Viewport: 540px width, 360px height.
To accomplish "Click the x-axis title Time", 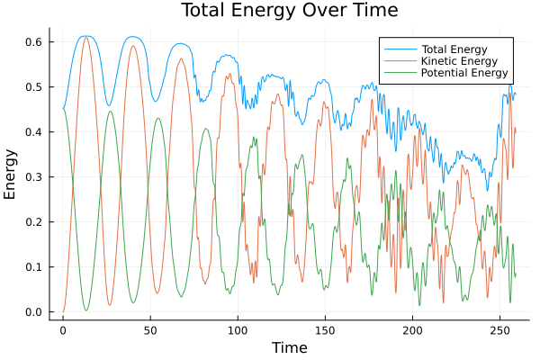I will pyautogui.click(x=290, y=347).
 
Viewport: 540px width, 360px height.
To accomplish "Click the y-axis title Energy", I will pyautogui.click(x=11, y=175).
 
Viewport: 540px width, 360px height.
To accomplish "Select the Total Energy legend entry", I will pyautogui.click(x=454, y=49).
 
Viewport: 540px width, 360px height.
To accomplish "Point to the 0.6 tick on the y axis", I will pyautogui.click(x=34, y=42).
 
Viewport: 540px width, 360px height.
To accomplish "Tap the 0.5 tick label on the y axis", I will pyautogui.click(x=34, y=87).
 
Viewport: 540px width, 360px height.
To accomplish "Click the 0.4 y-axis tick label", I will pyautogui.click(x=34, y=132).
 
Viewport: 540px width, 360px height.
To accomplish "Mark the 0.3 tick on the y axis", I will pyautogui.click(x=34, y=177).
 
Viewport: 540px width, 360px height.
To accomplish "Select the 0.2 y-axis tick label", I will pyautogui.click(x=34, y=222).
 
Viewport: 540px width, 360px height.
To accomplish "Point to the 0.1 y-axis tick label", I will pyautogui.click(x=34, y=267).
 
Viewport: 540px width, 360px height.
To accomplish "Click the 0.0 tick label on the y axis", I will pyautogui.click(x=34, y=312).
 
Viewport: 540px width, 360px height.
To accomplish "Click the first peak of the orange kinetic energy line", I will pyautogui.click(x=86, y=38).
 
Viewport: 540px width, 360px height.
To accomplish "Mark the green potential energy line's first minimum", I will pyautogui.click(x=86, y=310).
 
